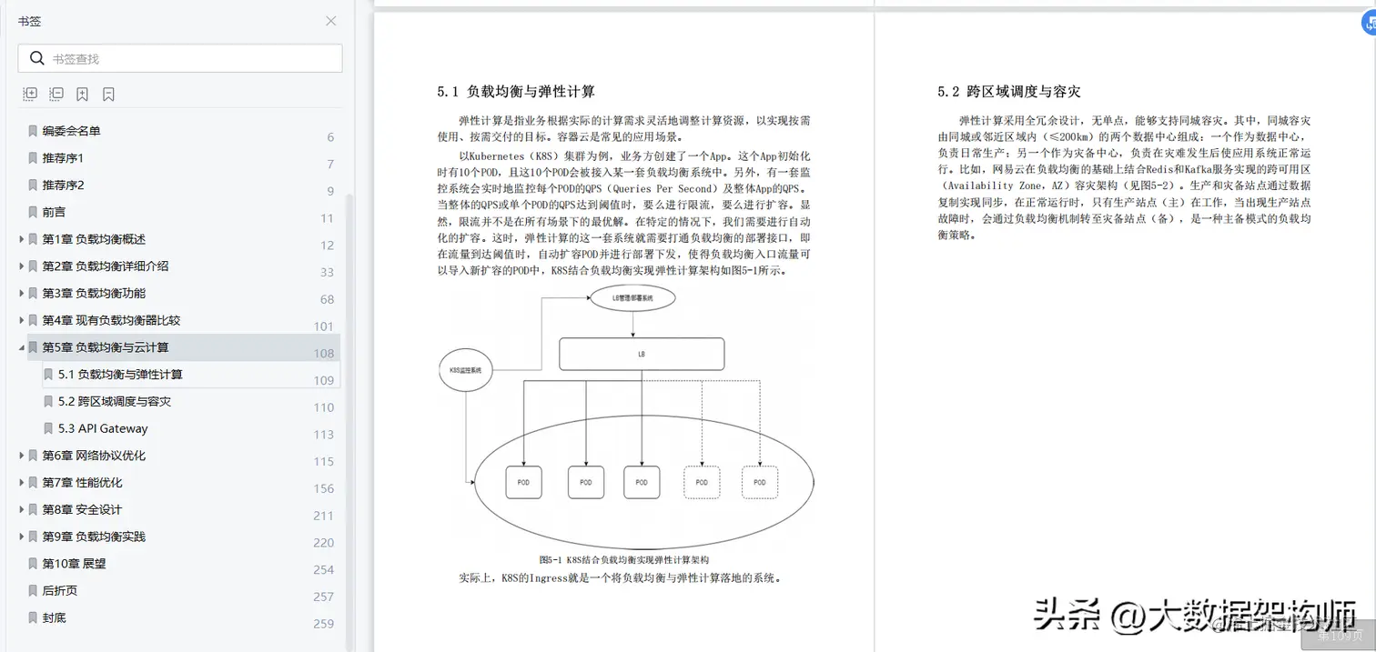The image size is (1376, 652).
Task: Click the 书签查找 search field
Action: tap(191, 58)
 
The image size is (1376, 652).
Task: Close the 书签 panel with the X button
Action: tap(331, 21)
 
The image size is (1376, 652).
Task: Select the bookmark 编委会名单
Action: tap(71, 131)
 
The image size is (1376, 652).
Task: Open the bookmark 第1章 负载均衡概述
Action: tap(94, 239)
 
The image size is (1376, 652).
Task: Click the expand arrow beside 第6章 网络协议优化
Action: tap(22, 456)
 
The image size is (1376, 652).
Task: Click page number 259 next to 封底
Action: tap(324, 624)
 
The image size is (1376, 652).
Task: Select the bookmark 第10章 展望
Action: tap(74, 564)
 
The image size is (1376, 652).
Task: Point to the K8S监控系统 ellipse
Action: tap(466, 371)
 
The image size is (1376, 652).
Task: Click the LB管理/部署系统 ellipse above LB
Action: tap(632, 297)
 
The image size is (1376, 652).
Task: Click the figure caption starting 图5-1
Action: tap(623, 560)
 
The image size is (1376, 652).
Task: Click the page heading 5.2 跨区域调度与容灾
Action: tap(1009, 92)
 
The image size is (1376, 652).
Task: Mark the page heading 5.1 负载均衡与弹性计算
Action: tap(516, 92)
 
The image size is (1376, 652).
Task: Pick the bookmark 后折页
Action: tap(60, 591)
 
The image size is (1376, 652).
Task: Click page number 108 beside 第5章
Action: tap(324, 354)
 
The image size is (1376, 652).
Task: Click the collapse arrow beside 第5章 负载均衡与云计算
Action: tap(22, 347)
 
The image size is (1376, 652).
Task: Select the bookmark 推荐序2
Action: tap(63, 186)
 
